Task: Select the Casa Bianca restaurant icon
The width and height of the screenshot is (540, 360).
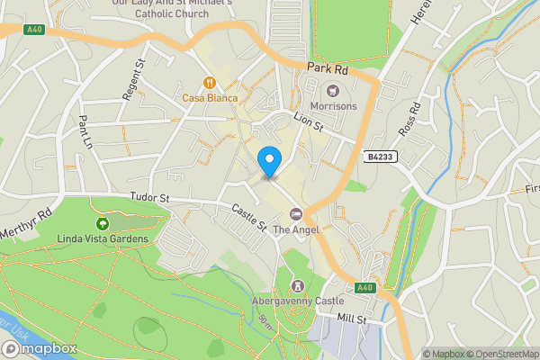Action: pos(209,80)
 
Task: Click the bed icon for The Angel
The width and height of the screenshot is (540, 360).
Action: pos(295,213)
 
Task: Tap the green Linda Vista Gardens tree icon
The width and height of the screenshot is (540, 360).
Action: pos(102,222)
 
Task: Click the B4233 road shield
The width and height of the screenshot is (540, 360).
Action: pos(381,157)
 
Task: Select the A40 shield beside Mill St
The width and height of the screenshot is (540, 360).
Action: pos(364,287)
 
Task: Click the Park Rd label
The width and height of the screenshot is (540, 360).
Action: pos(327,67)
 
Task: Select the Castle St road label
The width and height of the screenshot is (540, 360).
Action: pos(249,217)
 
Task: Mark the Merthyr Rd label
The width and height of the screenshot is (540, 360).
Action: pos(31,220)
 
